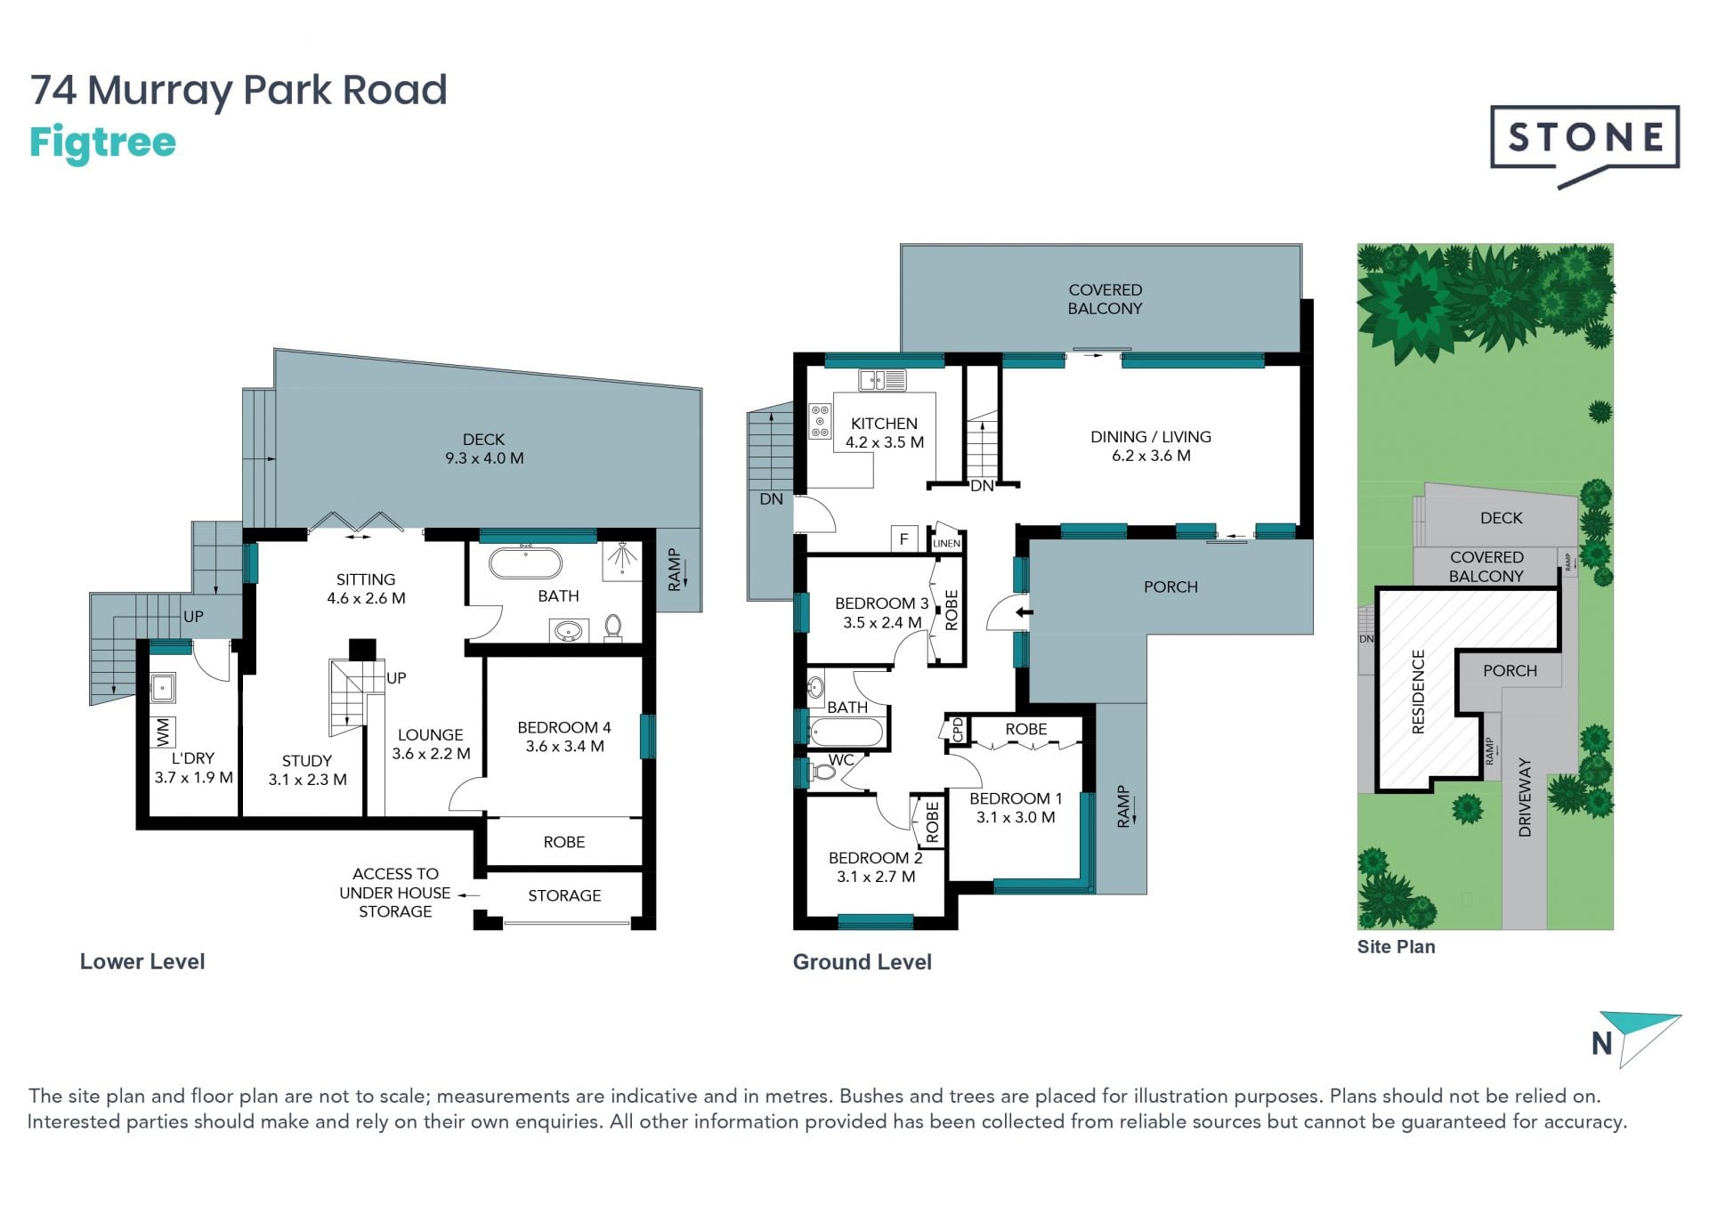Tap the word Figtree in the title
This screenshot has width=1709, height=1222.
pyautogui.click(x=102, y=143)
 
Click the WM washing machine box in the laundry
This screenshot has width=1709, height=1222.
pyautogui.click(x=163, y=732)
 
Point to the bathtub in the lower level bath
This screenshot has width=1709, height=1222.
pyautogui.click(x=526, y=563)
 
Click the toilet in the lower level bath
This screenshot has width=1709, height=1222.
pyautogui.click(x=613, y=627)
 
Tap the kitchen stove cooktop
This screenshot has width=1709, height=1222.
pyautogui.click(x=820, y=421)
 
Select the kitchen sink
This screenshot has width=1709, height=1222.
pyautogui.click(x=882, y=380)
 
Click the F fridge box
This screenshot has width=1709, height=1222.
pyautogui.click(x=904, y=538)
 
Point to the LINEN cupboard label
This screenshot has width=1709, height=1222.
pyautogui.click(x=946, y=543)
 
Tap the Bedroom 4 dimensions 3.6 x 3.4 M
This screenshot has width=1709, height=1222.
pyautogui.click(x=565, y=747)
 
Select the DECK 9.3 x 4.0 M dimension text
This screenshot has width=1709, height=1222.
pyautogui.click(x=484, y=458)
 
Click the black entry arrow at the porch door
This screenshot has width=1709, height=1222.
pyautogui.click(x=1025, y=612)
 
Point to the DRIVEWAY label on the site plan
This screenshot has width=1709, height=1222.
pyautogui.click(x=1525, y=797)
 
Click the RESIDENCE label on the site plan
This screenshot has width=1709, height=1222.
pyautogui.click(x=1418, y=692)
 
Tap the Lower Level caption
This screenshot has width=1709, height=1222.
pyautogui.click(x=142, y=961)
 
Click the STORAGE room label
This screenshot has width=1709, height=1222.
pyautogui.click(x=564, y=895)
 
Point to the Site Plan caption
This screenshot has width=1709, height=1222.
pyautogui.click(x=1396, y=947)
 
